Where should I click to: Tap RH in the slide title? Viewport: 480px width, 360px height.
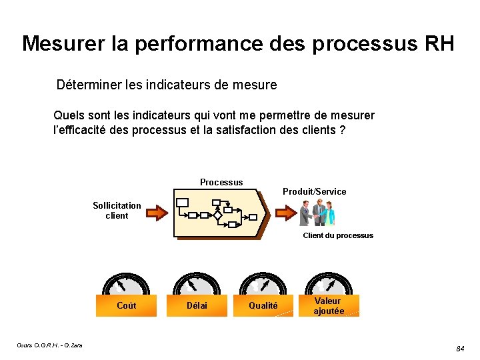(x=438, y=44)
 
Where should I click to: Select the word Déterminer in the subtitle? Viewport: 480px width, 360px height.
(x=88, y=85)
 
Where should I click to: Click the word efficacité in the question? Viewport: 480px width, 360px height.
(x=92, y=129)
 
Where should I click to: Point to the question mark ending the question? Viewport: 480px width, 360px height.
(x=342, y=129)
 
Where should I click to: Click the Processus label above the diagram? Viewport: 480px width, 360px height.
(x=221, y=183)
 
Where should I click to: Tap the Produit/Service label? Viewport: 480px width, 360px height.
(x=314, y=192)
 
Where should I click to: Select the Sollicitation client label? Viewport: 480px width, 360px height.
(x=117, y=211)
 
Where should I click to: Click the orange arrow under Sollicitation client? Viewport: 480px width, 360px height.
(x=157, y=213)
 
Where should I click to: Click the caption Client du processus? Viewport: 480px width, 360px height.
(x=338, y=235)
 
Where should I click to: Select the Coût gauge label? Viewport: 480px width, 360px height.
(x=126, y=306)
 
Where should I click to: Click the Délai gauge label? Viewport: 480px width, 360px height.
(x=197, y=306)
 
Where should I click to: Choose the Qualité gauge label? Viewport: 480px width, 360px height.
(x=263, y=306)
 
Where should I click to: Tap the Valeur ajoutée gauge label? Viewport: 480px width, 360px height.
(x=329, y=306)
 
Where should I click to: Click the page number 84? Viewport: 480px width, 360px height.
(x=460, y=349)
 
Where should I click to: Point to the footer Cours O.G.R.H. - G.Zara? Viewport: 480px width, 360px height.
(x=50, y=345)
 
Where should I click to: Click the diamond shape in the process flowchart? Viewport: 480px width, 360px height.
(x=217, y=216)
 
